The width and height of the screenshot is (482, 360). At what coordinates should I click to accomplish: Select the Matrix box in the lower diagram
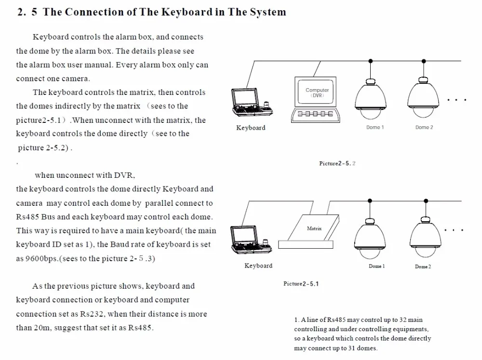point(313,229)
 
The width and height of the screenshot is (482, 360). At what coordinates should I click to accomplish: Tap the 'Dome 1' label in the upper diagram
point(375,127)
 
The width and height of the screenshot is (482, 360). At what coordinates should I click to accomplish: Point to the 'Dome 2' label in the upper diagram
point(424,127)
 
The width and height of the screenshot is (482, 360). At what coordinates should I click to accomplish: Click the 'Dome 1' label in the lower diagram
point(376,266)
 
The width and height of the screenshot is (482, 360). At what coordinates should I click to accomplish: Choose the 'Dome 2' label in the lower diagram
point(423,267)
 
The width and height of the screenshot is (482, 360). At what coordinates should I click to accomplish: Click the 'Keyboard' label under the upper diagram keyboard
point(251,128)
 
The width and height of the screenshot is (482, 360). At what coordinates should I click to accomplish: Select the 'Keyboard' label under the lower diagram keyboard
point(258,266)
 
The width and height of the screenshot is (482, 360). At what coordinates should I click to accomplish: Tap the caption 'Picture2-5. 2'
point(337,163)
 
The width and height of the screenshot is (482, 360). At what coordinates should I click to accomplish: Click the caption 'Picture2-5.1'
point(301,284)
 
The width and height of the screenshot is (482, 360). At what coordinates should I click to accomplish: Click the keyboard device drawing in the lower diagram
point(251,240)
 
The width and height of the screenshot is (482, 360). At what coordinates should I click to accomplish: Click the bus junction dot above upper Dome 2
point(424,61)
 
